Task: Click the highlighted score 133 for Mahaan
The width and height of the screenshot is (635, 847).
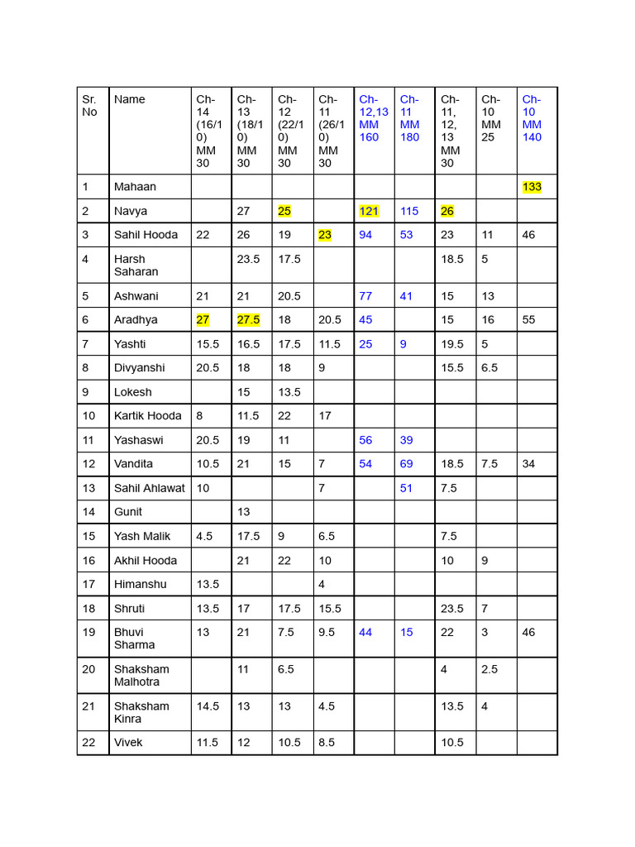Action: tap(532, 187)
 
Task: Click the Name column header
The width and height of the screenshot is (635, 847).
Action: tap(130, 99)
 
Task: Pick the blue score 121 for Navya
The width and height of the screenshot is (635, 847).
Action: tap(369, 211)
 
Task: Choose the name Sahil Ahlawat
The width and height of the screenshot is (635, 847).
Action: tap(149, 488)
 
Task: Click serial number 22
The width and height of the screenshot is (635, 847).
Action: tap(88, 742)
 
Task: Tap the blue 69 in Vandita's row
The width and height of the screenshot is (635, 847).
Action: tap(406, 464)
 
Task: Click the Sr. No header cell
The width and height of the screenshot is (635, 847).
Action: tap(89, 105)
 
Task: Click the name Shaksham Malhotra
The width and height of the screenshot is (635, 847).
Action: tap(141, 675)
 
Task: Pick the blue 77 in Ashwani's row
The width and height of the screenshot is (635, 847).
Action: tap(365, 296)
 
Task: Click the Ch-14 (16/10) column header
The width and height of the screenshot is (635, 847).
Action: tap(207, 131)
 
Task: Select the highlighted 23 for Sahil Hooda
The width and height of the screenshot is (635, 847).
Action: tap(325, 235)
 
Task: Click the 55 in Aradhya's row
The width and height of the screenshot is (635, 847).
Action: tap(529, 319)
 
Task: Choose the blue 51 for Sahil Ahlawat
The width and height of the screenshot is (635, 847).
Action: tap(406, 488)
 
